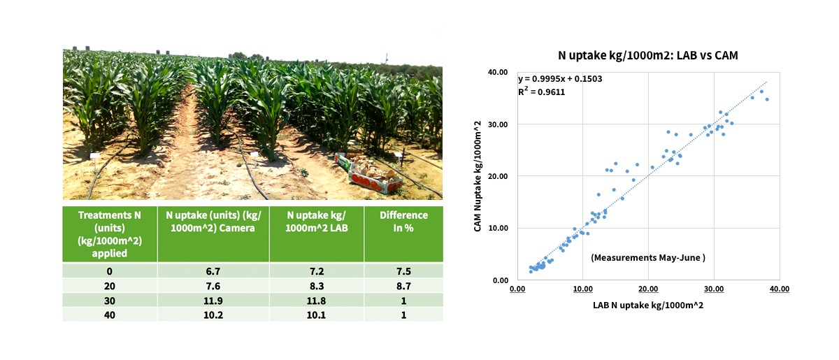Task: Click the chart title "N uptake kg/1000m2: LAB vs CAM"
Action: pos(647,55)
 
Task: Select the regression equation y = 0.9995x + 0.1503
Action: pos(560,79)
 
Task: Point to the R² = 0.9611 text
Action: pos(542,92)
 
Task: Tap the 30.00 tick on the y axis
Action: pos(498,124)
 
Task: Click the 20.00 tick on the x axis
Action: pos(648,289)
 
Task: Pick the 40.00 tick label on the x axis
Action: pos(780,289)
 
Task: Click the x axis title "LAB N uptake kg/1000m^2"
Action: pos(648,305)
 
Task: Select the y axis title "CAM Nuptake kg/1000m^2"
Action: pos(478,176)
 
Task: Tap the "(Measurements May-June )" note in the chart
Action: pos(648,258)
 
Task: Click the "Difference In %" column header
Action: pos(403,222)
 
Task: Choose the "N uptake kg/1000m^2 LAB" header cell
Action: pos(317,222)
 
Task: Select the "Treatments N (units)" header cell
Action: pos(109,234)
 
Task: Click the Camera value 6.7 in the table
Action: pos(213,271)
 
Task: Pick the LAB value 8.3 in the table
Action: pos(317,286)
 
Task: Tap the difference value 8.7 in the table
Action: pos(403,286)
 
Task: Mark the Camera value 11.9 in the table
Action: pos(213,301)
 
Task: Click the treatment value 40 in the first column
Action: pos(109,315)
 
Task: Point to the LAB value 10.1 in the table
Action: pos(317,315)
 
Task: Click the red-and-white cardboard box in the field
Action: pos(375,180)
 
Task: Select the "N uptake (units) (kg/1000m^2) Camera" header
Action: pos(213,222)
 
